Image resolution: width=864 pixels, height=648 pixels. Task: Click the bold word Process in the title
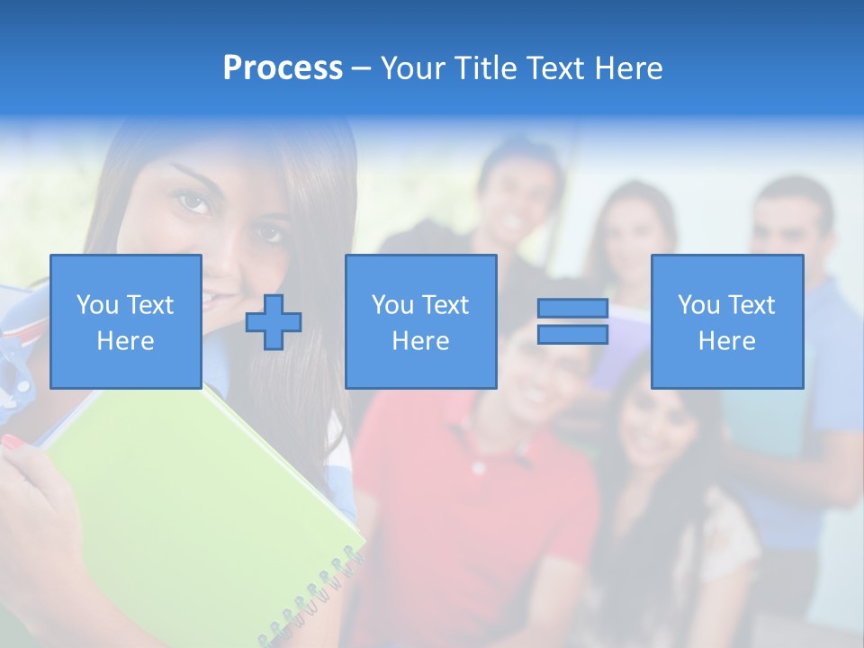click(283, 68)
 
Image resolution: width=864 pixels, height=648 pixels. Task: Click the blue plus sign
click(274, 321)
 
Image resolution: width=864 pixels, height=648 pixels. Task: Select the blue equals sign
click(572, 321)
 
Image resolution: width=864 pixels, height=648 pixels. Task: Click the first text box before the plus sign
click(125, 321)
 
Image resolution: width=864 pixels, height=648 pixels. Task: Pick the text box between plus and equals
click(420, 321)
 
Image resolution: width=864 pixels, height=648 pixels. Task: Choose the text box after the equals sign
click(726, 321)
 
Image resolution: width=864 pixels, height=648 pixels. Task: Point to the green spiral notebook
click(198, 504)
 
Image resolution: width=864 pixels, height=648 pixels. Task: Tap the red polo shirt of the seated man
click(468, 504)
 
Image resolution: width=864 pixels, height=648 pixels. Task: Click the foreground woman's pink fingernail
click(13, 441)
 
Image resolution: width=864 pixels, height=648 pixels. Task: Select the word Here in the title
click(627, 68)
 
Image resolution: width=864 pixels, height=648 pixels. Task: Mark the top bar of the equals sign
click(572, 309)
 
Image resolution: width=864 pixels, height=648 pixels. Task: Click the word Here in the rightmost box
click(726, 340)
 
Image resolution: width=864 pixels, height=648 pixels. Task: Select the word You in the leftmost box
click(97, 305)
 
